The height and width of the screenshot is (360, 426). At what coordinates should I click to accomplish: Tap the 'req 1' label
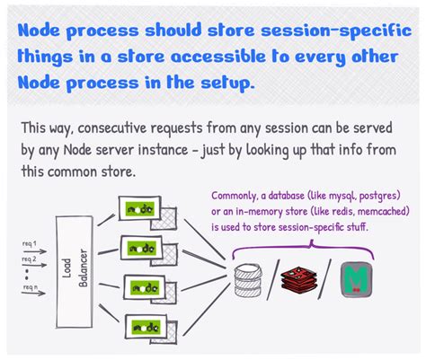pos(30,243)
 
